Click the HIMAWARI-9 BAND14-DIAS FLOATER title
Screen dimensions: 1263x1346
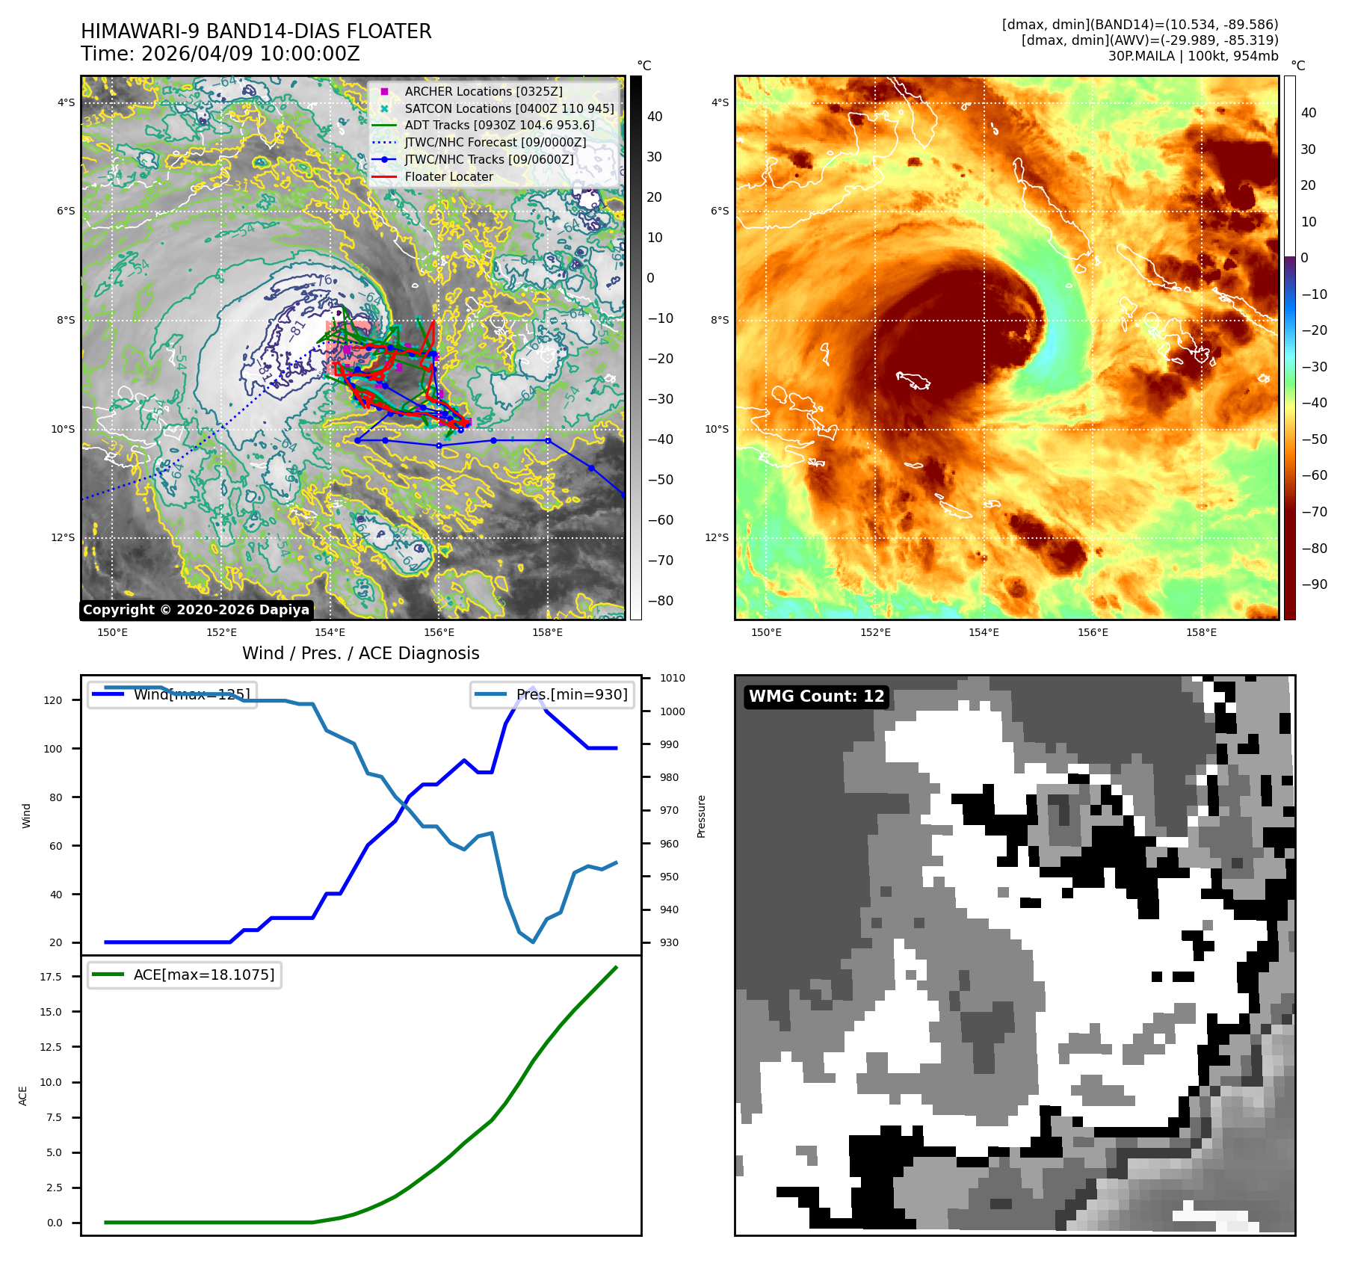click(x=256, y=31)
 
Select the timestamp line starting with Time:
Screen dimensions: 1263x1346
click(x=220, y=54)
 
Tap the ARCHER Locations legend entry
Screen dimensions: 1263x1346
click(x=483, y=91)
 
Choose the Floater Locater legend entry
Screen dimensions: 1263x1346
click(x=448, y=176)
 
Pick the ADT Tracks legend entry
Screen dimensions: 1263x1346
click(x=499, y=125)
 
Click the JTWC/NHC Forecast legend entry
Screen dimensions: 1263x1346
click(x=495, y=142)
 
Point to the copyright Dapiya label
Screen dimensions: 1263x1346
click(x=196, y=610)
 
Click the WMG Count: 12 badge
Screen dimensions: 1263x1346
click(x=816, y=697)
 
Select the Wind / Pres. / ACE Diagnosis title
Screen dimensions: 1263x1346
click(x=360, y=653)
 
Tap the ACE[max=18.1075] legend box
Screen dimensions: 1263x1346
click(x=185, y=975)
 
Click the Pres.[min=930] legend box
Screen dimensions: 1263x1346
click(x=553, y=694)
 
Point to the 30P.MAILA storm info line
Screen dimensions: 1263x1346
click(x=1193, y=56)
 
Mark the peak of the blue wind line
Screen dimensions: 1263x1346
click(x=532, y=688)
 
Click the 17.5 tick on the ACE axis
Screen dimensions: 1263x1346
click(x=51, y=977)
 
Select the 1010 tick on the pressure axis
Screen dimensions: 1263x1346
click(x=672, y=678)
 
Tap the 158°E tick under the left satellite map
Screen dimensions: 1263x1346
click(x=547, y=632)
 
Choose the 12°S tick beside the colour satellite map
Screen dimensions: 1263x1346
click(x=717, y=537)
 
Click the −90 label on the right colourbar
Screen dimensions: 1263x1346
click(x=1314, y=584)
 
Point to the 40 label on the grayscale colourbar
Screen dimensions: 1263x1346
click(x=655, y=116)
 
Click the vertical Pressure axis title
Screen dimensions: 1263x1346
click(x=701, y=816)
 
